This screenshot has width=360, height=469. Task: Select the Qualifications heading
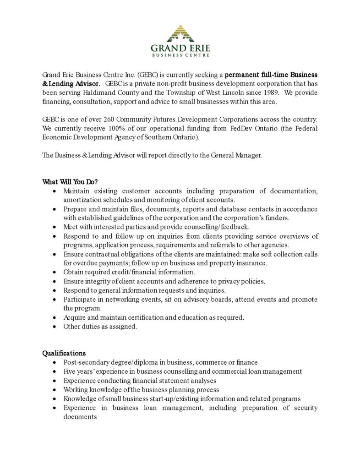click(x=64, y=353)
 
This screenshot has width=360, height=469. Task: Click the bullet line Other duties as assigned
click(x=100, y=327)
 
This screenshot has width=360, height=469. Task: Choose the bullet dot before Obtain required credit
click(x=55, y=272)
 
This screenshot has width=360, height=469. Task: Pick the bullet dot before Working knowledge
click(x=55, y=390)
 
